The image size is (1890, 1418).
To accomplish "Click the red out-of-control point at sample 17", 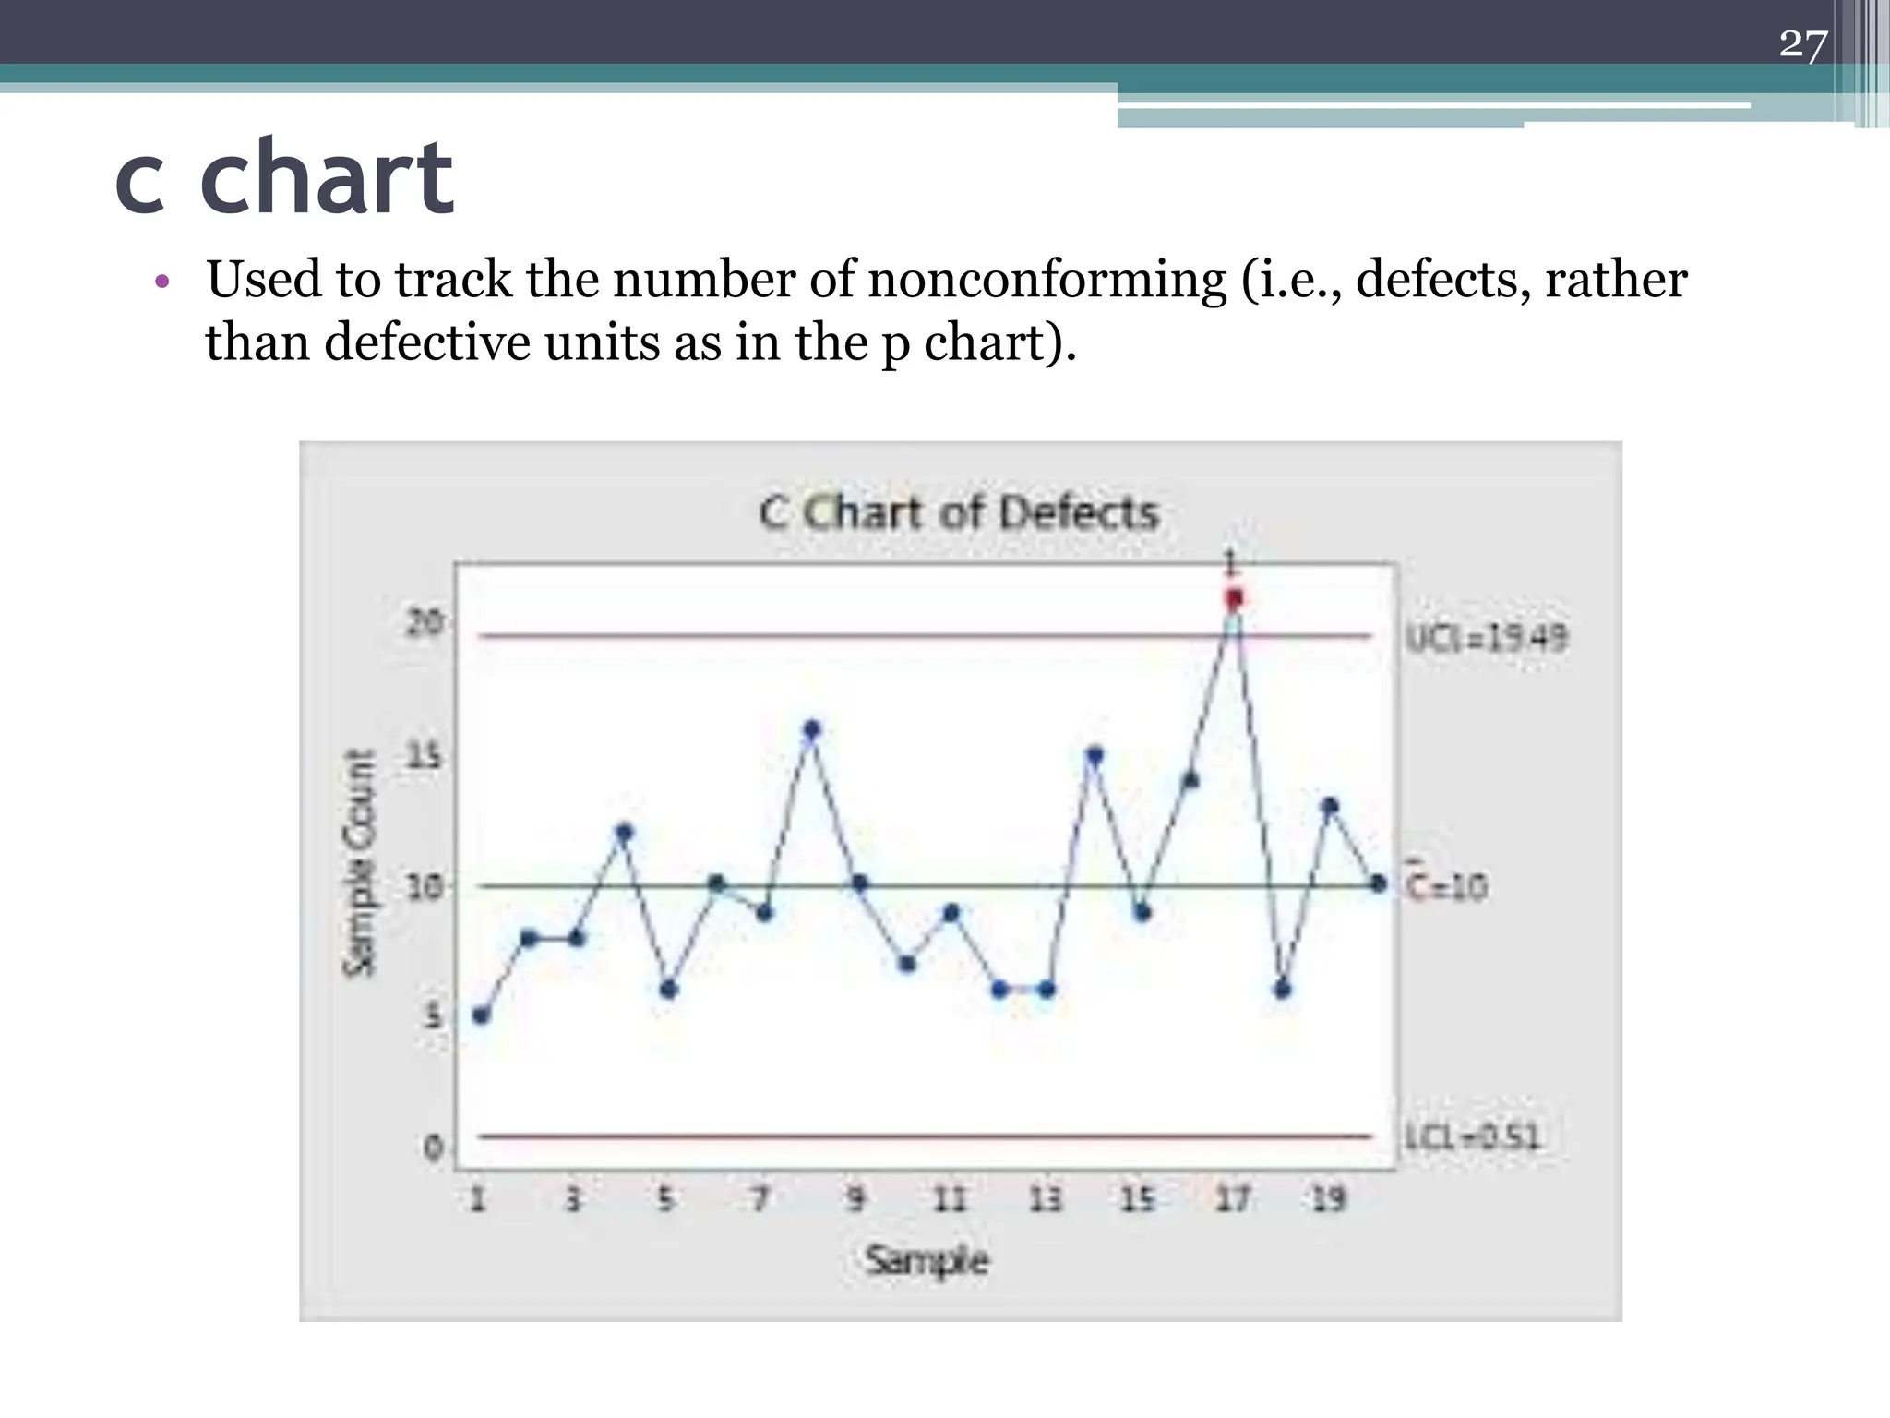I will click(1234, 599).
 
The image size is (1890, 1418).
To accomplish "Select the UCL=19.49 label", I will click(1486, 638).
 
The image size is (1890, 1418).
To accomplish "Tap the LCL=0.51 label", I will click(1473, 1136).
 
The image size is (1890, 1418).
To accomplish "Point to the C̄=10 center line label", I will click(1447, 886).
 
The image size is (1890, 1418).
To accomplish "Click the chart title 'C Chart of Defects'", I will click(958, 513).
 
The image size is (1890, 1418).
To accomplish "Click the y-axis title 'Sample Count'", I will click(360, 862).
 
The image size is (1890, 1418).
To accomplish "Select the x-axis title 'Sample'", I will click(927, 1260).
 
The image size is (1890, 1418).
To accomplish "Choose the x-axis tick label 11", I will click(950, 1199).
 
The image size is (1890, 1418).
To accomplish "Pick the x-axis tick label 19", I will click(1329, 1199).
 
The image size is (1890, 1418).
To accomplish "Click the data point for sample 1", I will click(480, 1015).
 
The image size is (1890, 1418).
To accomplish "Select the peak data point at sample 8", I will click(811, 729).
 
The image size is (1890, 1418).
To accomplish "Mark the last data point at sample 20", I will click(1378, 883).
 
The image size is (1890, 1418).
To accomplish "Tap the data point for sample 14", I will click(1095, 755).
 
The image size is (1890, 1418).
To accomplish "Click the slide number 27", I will click(1802, 44).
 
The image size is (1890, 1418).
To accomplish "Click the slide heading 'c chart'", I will click(284, 177).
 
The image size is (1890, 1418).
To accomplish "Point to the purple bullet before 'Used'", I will click(162, 282).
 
